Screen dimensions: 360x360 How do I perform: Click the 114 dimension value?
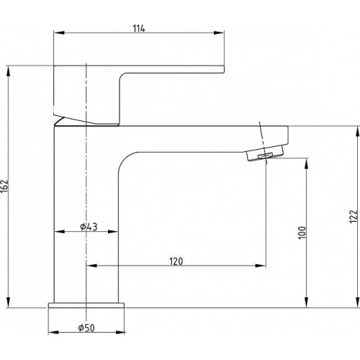pos(139,29)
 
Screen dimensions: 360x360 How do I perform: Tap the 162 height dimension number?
pos(5,186)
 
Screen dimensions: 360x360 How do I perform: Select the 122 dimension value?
pos(354,217)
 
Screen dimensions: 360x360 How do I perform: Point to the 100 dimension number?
pos(302,233)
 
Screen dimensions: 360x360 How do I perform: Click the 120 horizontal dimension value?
pos(176,261)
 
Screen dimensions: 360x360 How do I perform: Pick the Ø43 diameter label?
pos(89,227)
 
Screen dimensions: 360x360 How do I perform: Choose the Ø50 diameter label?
pos(86,328)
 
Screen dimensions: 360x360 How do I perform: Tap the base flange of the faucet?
pos(86,305)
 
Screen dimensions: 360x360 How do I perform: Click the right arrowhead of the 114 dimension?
pos(219,32)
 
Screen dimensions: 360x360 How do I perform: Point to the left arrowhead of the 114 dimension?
pos(59,32)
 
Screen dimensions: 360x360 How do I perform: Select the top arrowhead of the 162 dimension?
pos(9,71)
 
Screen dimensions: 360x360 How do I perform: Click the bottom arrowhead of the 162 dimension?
pos(9,302)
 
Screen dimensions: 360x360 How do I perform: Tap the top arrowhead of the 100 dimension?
pos(307,163)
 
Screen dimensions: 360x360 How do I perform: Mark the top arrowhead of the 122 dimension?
pos(358,131)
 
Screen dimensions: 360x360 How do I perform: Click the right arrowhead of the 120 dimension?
pos(261,266)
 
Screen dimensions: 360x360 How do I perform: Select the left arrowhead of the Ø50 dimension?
pos(53,333)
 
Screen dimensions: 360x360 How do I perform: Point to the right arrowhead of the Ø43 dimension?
pos(113,232)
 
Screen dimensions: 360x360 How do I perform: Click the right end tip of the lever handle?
pos(224,69)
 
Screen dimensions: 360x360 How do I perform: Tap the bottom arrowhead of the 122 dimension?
pos(358,302)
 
